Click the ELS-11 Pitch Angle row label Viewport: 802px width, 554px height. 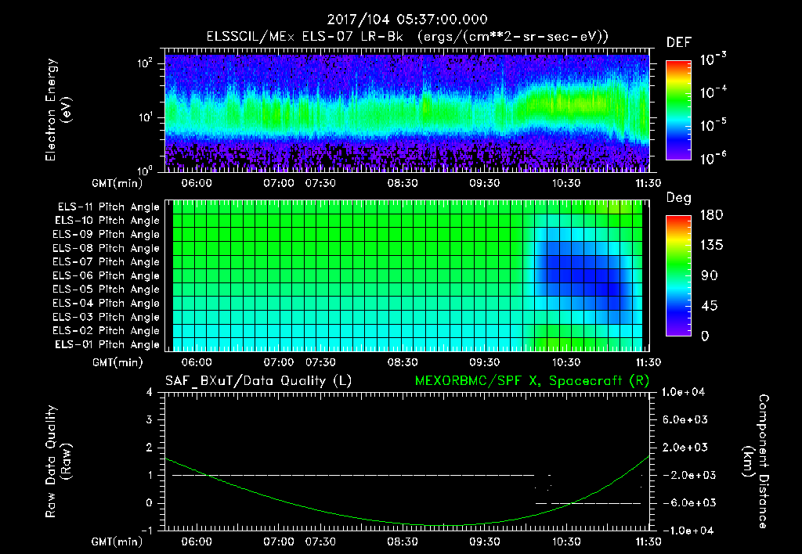[x=108, y=207]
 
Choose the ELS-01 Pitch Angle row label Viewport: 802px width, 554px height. [x=107, y=344]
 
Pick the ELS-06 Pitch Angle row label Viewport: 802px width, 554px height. [x=108, y=275]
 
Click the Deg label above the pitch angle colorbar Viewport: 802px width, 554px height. [x=678, y=198]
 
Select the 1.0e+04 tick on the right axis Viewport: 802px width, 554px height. [x=685, y=392]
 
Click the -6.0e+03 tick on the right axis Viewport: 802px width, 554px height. [x=685, y=502]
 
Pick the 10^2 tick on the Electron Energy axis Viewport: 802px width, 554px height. [x=143, y=64]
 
